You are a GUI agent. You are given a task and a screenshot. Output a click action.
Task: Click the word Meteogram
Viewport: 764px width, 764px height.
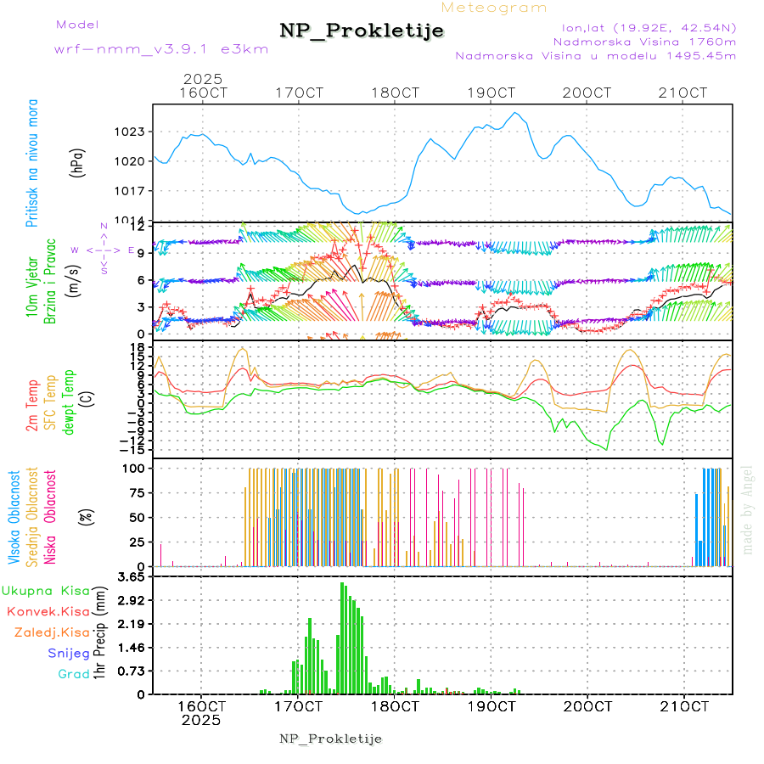point(494,8)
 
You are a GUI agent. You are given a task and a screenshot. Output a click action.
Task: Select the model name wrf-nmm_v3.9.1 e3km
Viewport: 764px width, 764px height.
point(161,49)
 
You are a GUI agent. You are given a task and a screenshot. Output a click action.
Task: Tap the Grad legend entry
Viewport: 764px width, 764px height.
point(73,674)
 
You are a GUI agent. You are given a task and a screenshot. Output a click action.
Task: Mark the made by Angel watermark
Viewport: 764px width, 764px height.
point(748,509)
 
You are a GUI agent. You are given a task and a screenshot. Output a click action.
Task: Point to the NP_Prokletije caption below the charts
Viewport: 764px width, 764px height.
point(331,739)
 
